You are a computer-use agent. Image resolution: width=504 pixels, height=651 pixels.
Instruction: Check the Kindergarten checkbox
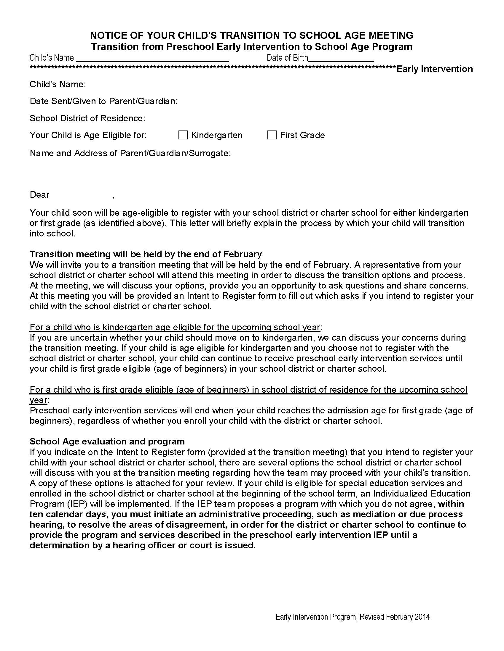(x=183, y=135)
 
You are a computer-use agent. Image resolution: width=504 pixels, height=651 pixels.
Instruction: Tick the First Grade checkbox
(x=272, y=135)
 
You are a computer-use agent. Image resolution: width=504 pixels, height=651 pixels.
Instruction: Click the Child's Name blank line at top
(x=152, y=59)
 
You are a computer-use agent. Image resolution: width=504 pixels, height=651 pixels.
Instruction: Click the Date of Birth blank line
(x=341, y=59)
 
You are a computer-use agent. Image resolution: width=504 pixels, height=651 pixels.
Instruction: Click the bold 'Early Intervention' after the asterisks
(x=434, y=69)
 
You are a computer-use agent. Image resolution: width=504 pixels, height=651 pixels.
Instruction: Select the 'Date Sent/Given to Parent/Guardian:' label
(x=103, y=101)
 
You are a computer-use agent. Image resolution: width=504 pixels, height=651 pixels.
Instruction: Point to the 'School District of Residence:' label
(x=87, y=118)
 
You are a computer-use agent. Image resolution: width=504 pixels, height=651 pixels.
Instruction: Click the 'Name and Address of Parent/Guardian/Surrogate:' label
(x=130, y=153)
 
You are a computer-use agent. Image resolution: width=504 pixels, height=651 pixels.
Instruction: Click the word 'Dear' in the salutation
(x=39, y=195)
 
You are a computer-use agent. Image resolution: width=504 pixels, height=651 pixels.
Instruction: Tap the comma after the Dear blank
(x=114, y=196)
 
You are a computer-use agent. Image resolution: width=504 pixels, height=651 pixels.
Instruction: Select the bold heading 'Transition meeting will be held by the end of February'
(x=146, y=254)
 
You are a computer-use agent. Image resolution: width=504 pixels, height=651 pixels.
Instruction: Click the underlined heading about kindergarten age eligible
(x=175, y=327)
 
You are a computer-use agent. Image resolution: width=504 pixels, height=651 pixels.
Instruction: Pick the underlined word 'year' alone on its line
(x=38, y=400)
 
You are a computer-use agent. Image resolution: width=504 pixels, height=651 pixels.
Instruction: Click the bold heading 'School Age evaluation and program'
(x=107, y=441)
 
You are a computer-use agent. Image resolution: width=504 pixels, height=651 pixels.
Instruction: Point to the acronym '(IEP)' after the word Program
(x=72, y=504)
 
